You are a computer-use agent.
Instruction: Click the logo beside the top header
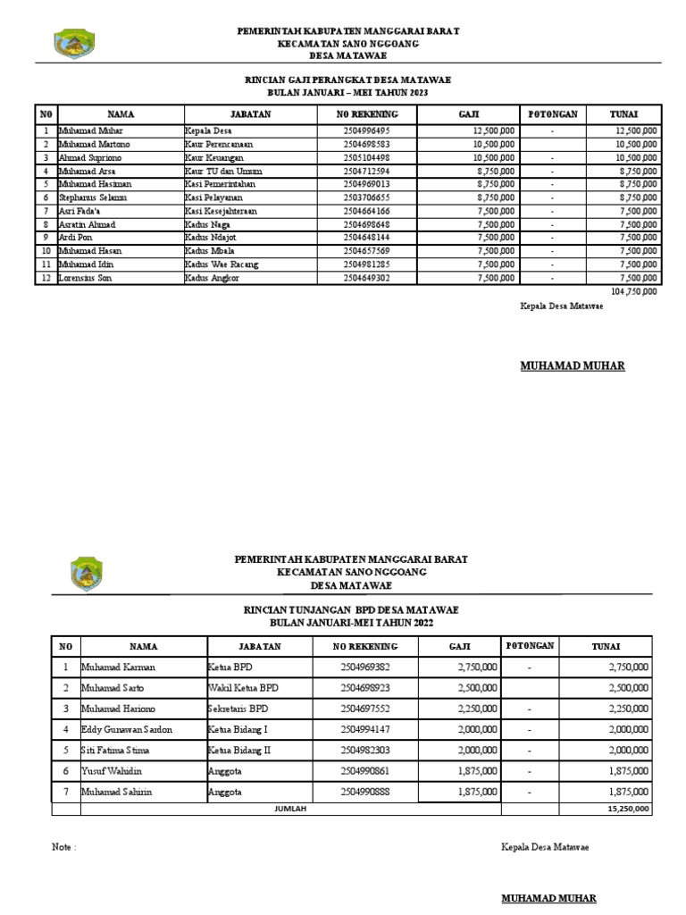pyautogui.click(x=74, y=43)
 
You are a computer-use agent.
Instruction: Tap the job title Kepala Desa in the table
pyautogui.click(x=208, y=130)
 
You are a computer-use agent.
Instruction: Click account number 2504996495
pyautogui.click(x=366, y=130)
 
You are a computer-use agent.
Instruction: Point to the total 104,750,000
pyautogui.click(x=634, y=291)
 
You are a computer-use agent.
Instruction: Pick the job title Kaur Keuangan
pyautogui.click(x=213, y=157)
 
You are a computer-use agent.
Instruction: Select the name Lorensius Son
pyautogui.click(x=87, y=278)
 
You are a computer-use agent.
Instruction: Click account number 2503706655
pyautogui.click(x=366, y=197)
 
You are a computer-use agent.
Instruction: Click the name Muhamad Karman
pyautogui.click(x=120, y=667)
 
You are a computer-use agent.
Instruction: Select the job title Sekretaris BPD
pyautogui.click(x=238, y=709)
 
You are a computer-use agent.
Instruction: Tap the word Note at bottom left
pyautogui.click(x=63, y=847)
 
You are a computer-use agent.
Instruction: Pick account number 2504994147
pyautogui.click(x=365, y=729)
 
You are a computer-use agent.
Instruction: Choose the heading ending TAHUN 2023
pyautogui.click(x=347, y=93)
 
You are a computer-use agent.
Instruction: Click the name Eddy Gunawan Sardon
pyautogui.click(x=127, y=729)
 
